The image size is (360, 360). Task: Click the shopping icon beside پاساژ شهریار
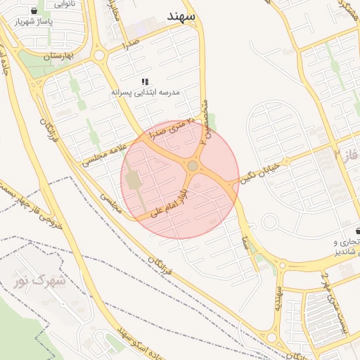[x=35, y=11]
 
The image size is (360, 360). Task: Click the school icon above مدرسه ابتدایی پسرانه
[x=146, y=82]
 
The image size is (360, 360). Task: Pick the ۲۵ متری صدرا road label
[x=165, y=127]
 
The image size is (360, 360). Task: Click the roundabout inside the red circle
[x=192, y=166]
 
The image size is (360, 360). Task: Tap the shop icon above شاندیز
[x=358, y=231]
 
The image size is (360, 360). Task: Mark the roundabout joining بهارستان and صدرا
[x=98, y=54]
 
